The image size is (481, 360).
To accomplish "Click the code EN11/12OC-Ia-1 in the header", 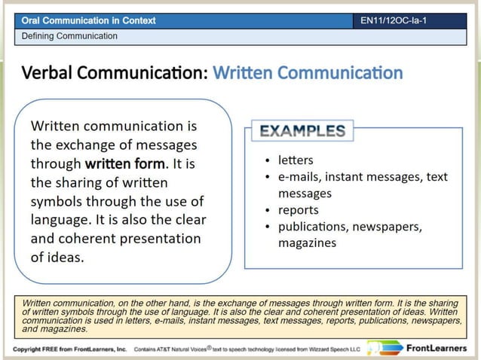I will click(x=393, y=20).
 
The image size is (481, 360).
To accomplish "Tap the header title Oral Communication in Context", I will click(x=89, y=20).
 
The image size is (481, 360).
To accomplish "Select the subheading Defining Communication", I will click(x=69, y=35).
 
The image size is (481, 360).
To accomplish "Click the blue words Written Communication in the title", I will click(x=308, y=73).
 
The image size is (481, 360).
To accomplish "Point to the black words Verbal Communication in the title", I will click(x=114, y=73).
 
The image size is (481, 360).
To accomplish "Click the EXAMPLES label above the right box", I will click(x=302, y=131).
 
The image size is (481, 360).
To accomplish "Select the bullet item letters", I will click(x=296, y=160).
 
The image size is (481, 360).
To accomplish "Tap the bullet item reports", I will click(x=299, y=210).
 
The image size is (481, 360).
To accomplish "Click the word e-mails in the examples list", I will click(x=299, y=177).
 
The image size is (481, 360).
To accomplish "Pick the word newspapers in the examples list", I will click(x=387, y=227).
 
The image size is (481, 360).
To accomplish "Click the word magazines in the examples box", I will click(x=307, y=243).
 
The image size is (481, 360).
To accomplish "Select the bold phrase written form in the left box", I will click(x=124, y=163).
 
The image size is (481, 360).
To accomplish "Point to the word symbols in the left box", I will click(x=57, y=201).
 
